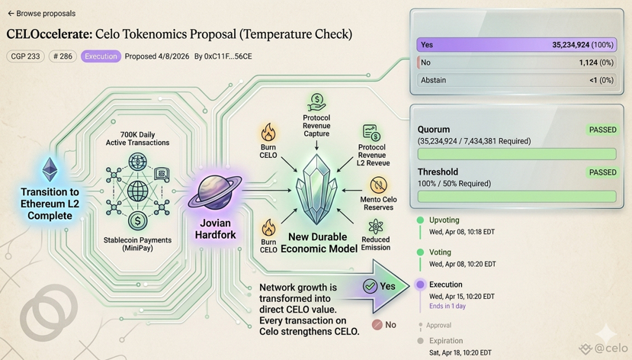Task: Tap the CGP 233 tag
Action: tap(25, 56)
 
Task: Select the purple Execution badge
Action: tap(101, 56)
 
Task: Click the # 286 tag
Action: tap(63, 56)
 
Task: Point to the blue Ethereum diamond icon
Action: tap(50, 169)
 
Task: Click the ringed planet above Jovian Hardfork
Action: tap(214, 192)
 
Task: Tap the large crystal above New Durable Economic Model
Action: tap(316, 190)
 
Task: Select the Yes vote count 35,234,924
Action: tap(582, 45)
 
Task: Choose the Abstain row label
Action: tap(434, 80)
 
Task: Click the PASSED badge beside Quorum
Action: tap(602, 130)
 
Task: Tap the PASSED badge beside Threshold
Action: tap(602, 172)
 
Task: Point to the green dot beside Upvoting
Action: tap(420, 220)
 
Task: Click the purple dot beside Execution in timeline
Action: tap(420, 284)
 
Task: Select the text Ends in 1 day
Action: tap(448, 306)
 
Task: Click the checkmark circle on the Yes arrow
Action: tap(370, 286)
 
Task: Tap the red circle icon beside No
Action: tap(377, 324)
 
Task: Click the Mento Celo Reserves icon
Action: tap(378, 185)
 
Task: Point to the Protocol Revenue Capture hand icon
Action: tap(316, 101)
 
